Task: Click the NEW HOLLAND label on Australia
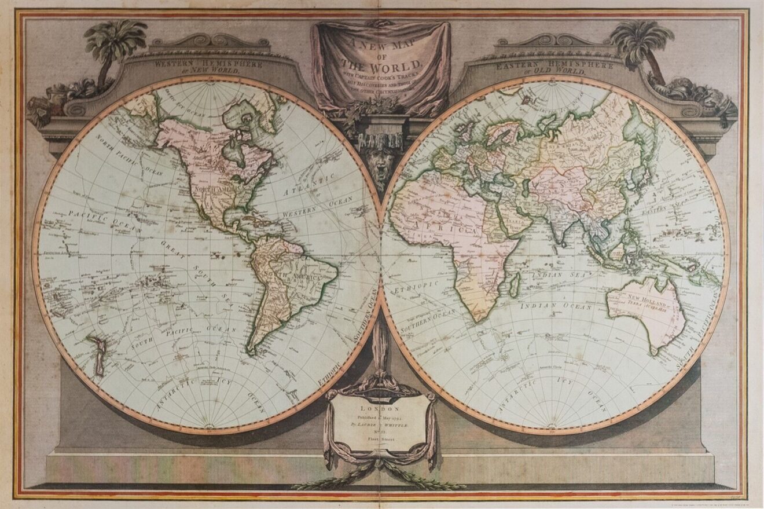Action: [x=640, y=299]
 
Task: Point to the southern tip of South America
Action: [x=250, y=351]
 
